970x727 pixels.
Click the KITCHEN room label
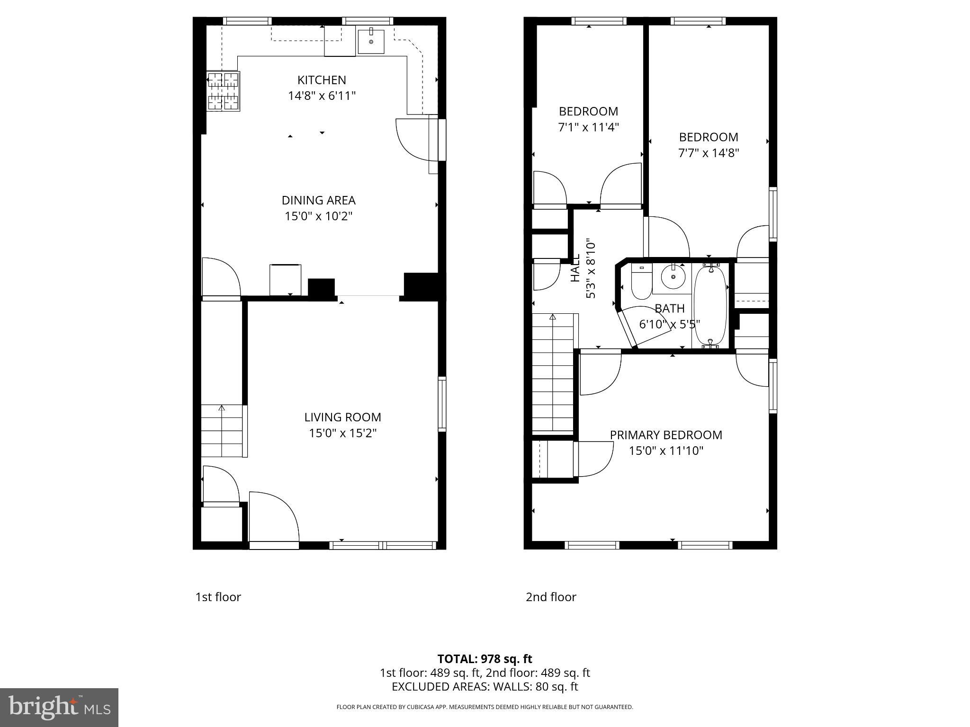pos(322,80)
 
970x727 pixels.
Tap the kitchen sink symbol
pos(371,41)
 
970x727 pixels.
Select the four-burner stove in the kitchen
pos(223,91)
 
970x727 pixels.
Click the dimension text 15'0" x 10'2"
pos(318,216)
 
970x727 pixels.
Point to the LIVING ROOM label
pos(342,417)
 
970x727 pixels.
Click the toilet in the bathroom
pos(642,283)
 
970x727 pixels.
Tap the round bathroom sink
pos(673,277)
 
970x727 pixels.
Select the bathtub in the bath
pos(710,306)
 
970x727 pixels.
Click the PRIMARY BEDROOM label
pos(665,435)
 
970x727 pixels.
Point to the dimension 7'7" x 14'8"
pos(708,153)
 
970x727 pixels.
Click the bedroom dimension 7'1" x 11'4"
pos(588,127)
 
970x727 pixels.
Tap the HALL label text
pos(575,268)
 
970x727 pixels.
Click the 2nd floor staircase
pos(553,374)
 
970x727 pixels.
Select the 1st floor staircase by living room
pos(222,431)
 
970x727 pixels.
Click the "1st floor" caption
pos(218,597)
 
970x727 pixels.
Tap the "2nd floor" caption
pos(551,597)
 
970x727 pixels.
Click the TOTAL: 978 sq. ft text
pos(485,659)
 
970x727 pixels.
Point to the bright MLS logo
pos(59,707)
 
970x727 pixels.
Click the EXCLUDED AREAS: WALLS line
pos(485,686)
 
